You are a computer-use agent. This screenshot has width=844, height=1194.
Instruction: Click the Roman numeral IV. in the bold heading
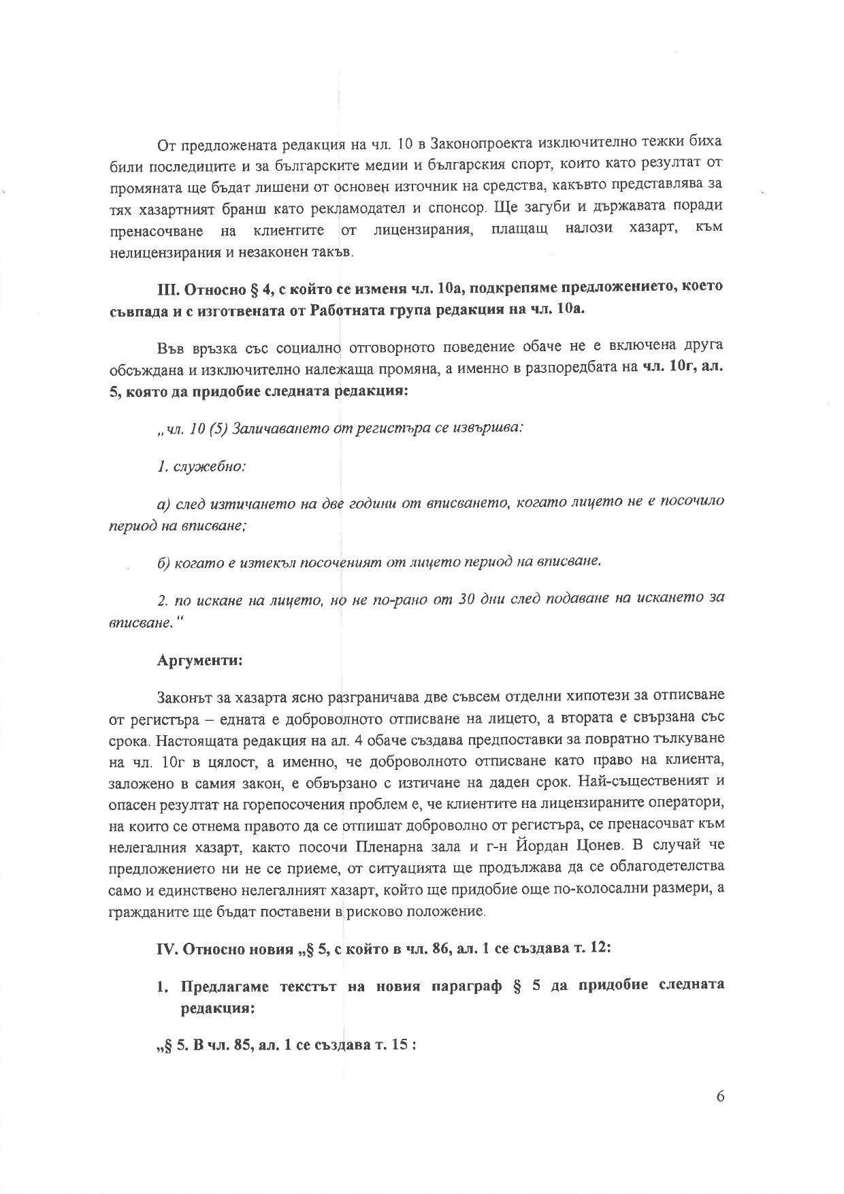pyautogui.click(x=167, y=950)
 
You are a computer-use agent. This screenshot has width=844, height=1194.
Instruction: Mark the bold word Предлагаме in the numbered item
pyautogui.click(x=222, y=987)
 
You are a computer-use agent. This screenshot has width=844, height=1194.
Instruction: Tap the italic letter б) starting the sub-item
pyautogui.click(x=163, y=563)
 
